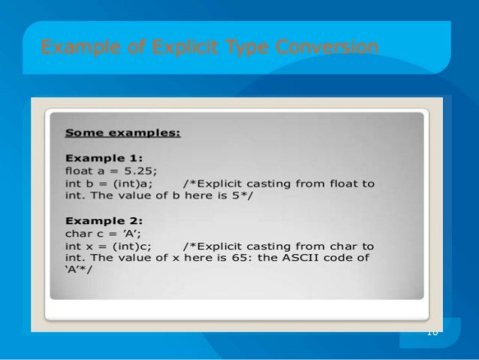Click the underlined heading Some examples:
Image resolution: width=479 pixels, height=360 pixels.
[x=123, y=134]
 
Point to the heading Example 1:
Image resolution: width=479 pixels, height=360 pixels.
[x=104, y=159]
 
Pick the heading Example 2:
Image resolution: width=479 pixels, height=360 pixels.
[x=104, y=221]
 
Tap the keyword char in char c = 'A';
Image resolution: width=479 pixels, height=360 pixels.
[x=78, y=233]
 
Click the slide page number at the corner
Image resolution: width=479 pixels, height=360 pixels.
[x=431, y=332]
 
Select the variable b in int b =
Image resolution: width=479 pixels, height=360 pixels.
[x=91, y=183]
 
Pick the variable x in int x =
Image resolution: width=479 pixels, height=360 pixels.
[x=91, y=246]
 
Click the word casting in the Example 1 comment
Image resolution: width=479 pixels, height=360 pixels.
[x=272, y=183]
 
